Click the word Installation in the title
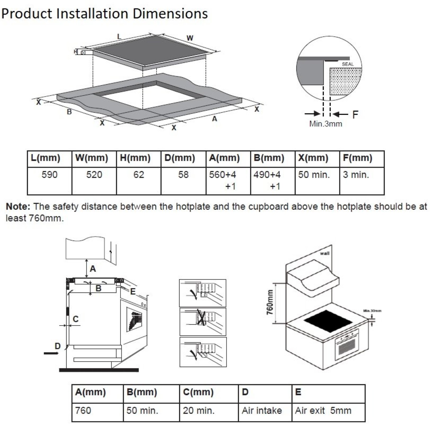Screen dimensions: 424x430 pos(92,13)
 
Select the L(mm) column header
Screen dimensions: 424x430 pos(45,158)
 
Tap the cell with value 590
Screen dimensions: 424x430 pos(49,175)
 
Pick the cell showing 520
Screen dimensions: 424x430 pos(94,175)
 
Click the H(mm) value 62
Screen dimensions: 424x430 pos(139,175)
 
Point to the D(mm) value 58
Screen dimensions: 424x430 pos(183,175)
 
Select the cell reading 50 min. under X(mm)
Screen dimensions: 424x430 pos(314,175)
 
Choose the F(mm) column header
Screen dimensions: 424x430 pos(357,158)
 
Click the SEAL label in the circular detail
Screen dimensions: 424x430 pos(348,64)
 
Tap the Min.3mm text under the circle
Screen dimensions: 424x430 pos(326,124)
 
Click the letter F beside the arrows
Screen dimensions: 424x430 pos(355,115)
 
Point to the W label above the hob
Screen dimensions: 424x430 pos(190,38)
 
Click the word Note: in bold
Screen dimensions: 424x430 pos(18,207)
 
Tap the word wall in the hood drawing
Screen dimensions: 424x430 pos(325,253)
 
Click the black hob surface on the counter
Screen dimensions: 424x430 pos(328,321)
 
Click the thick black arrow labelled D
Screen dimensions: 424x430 pos(51,353)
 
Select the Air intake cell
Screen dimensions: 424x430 pos(262,411)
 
